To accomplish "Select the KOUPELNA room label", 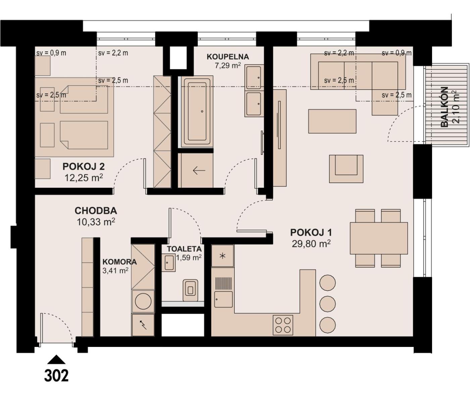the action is pyautogui.click(x=228, y=57).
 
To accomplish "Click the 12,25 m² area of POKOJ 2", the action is pyautogui.click(x=84, y=178).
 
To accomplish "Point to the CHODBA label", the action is pyautogui.click(x=96, y=211).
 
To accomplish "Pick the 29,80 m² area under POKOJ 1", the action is pyautogui.click(x=311, y=244).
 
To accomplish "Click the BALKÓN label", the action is pyautogui.click(x=444, y=107).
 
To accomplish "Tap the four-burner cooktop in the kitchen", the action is pyautogui.click(x=283, y=325).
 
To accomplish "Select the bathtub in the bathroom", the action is pyautogui.click(x=197, y=111).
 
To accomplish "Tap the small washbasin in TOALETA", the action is pyautogui.click(x=169, y=263).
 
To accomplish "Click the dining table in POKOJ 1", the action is pyautogui.click(x=379, y=238).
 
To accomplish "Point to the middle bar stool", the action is pyautogui.click(x=327, y=304).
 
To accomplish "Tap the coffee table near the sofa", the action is pyautogui.click(x=332, y=121).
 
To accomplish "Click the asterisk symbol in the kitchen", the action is pyautogui.click(x=222, y=256).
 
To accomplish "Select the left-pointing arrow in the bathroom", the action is pyautogui.click(x=199, y=170).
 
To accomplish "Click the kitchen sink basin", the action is pyautogui.click(x=224, y=299).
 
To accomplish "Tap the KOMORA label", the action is pyautogui.click(x=120, y=262).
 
